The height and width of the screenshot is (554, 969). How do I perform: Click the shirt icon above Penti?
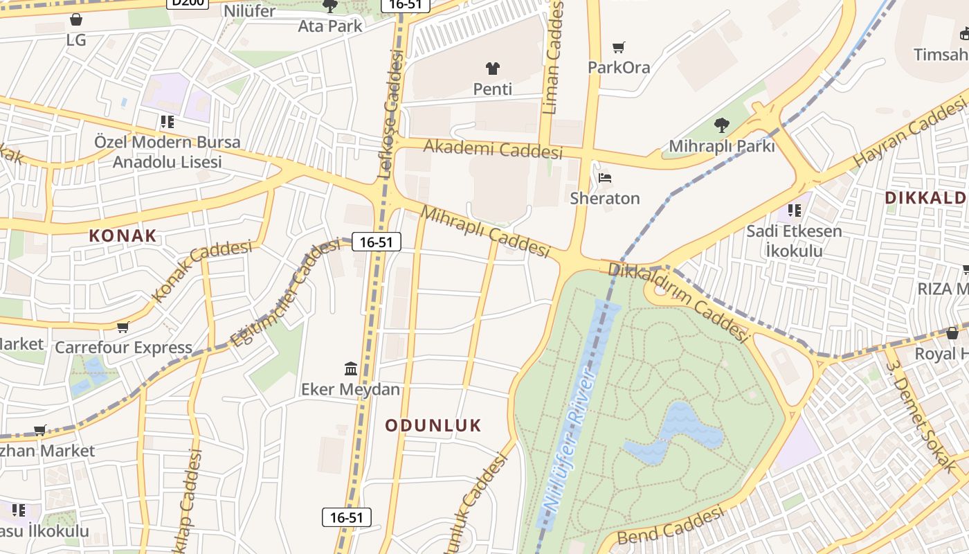click(492, 68)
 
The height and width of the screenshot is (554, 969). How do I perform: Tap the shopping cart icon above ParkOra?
click(618, 47)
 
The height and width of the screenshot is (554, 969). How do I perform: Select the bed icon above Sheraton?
click(605, 178)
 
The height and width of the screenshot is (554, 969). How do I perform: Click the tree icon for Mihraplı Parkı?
click(721, 125)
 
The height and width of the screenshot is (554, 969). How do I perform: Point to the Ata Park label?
click(330, 26)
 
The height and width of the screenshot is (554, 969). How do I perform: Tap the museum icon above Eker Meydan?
click(350, 368)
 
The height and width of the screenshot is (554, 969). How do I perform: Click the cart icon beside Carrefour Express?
click(123, 327)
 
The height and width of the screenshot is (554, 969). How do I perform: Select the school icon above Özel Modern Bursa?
click(167, 122)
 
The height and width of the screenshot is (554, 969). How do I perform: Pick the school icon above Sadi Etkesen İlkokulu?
click(794, 209)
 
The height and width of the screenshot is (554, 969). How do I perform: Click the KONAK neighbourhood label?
click(123, 235)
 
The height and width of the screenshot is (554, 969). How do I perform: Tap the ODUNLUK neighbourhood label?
click(433, 425)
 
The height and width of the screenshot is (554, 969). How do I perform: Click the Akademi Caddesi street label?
click(493, 148)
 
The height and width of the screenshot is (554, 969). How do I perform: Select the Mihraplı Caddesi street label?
click(485, 231)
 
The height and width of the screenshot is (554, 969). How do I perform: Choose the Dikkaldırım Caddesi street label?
click(678, 302)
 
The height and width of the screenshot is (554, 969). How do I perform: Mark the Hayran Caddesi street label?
click(909, 132)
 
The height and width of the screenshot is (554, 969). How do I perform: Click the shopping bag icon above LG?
click(76, 19)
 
